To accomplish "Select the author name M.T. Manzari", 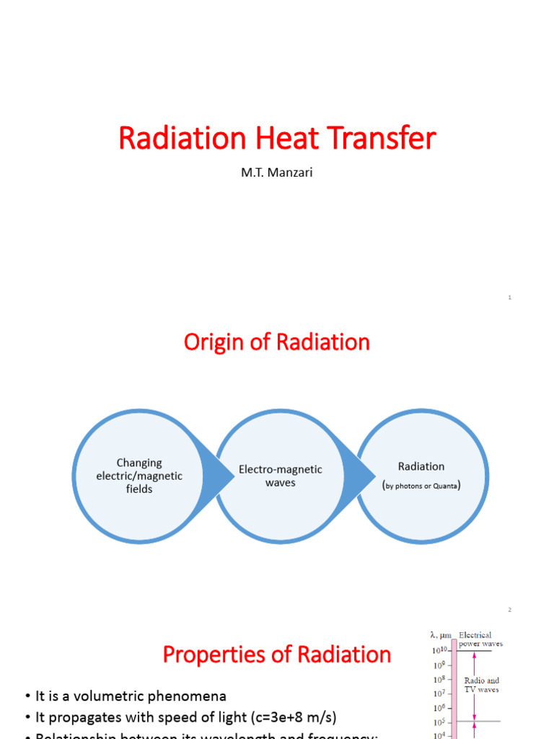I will coord(277,173).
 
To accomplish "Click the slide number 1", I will coord(509,297).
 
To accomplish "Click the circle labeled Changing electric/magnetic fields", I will coord(139,476).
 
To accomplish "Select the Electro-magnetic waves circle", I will coord(281,476).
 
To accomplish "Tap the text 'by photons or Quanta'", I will coord(422,486).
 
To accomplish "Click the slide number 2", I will coord(509,610).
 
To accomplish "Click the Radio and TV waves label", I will coord(483,685).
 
